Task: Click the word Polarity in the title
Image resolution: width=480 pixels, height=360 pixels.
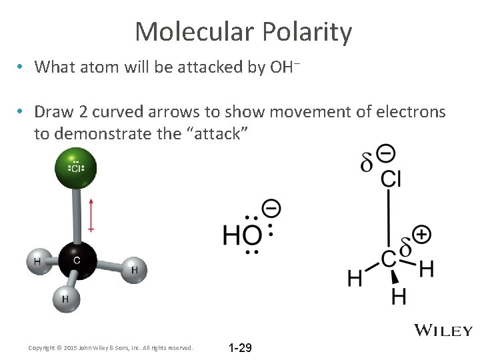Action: click(307, 32)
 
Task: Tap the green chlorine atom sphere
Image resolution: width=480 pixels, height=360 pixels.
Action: click(76, 167)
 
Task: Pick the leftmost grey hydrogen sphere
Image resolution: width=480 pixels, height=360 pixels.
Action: click(37, 261)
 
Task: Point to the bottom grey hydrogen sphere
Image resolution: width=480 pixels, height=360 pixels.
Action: click(65, 299)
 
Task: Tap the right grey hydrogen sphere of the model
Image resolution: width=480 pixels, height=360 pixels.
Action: click(134, 269)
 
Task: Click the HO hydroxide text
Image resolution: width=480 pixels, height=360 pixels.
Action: click(242, 235)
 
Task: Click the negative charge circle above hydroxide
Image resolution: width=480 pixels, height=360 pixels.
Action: click(271, 208)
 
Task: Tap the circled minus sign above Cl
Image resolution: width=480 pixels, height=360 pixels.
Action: click(385, 154)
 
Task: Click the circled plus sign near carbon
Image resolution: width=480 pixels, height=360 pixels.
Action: click(421, 234)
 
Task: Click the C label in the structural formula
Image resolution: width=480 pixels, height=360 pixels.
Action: click(389, 259)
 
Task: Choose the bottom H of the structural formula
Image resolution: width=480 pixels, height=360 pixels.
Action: click(399, 295)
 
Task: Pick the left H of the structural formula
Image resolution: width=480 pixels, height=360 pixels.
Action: click(355, 277)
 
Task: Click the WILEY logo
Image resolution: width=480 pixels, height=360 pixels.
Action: click(443, 331)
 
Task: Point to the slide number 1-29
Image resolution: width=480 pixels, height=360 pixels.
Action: click(240, 348)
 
